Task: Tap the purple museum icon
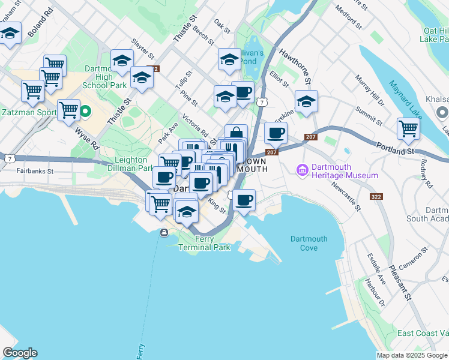301,171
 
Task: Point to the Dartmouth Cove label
309,243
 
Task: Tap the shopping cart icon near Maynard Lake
408,128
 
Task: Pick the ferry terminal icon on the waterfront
164,233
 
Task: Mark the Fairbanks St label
35,171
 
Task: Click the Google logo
20,353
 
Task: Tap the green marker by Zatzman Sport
86,111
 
